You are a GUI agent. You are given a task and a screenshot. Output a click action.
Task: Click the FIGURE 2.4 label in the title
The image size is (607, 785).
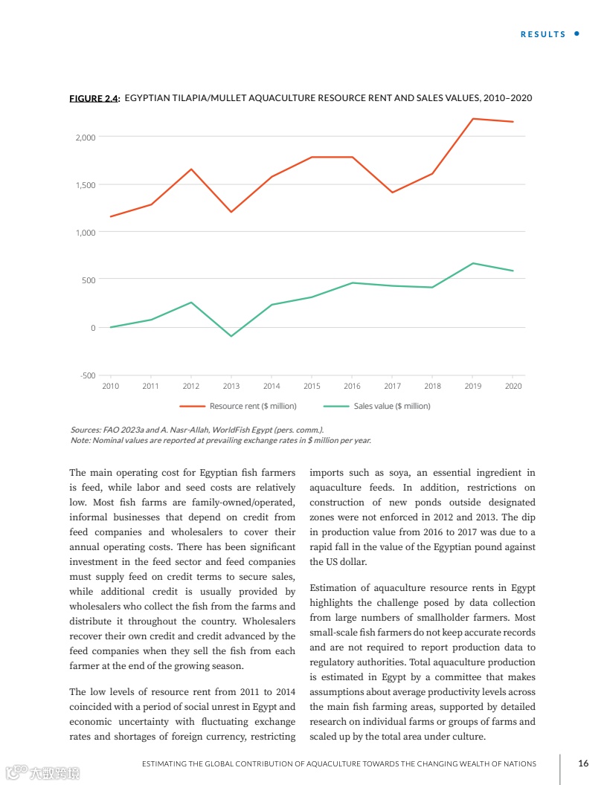[94, 98]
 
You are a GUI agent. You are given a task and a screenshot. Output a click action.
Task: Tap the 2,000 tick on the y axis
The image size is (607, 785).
[86, 137]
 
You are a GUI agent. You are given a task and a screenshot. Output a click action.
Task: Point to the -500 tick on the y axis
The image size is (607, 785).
[87, 375]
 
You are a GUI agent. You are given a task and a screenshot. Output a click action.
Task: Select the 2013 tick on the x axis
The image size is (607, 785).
[231, 387]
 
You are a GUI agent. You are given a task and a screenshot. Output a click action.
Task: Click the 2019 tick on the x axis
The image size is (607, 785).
[472, 387]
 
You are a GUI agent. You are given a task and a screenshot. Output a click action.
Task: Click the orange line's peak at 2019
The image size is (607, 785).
[473, 119]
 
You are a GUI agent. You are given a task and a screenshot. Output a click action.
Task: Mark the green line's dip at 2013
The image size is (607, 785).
[231, 336]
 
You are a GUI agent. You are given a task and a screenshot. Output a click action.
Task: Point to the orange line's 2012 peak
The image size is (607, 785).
[191, 169]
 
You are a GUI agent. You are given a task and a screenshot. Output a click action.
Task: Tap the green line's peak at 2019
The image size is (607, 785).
[473, 263]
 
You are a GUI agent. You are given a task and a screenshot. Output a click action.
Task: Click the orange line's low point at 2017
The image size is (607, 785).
[392, 193]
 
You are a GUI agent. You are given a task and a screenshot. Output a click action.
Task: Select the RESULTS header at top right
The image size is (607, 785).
[543, 34]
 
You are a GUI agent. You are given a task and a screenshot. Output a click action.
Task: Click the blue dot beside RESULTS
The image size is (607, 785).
[578, 33]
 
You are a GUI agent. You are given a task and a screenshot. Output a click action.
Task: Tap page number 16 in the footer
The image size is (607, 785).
[583, 763]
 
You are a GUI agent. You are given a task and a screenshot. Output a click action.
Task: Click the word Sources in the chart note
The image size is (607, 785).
[85, 430]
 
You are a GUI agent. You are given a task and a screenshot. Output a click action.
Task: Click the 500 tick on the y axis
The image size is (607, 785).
[89, 280]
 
